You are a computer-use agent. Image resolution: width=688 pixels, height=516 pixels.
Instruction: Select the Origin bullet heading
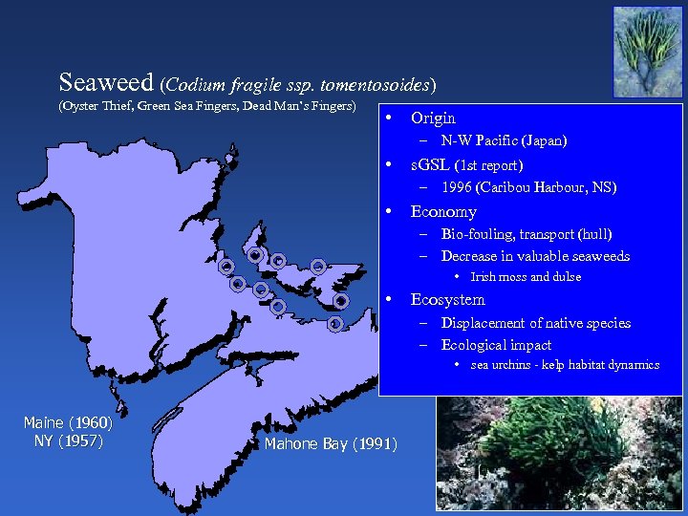[x=432, y=118]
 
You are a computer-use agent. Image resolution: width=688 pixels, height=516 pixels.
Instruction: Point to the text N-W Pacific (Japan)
[x=504, y=140]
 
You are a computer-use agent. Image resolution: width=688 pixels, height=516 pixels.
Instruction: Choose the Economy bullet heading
[x=442, y=211]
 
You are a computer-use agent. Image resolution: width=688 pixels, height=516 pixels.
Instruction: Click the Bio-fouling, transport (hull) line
[x=526, y=234]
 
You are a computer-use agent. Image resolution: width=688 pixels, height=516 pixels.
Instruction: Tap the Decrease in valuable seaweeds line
[x=535, y=256]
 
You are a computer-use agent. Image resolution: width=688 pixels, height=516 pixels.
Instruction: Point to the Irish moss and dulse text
[x=526, y=277]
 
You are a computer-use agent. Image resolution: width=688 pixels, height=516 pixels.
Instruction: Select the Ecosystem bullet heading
[x=447, y=300]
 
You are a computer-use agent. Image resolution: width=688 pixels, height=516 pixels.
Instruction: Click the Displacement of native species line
[x=535, y=323]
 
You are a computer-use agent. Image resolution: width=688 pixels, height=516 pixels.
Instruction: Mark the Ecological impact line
[x=496, y=345]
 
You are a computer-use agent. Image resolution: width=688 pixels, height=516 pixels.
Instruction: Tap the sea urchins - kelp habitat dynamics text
[x=565, y=365]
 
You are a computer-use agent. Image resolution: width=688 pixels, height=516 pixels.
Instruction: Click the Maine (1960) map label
[x=68, y=422]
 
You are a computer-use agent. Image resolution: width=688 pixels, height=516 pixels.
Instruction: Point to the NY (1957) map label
[x=68, y=441]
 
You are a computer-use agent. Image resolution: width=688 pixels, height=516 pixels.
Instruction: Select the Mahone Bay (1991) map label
[x=331, y=444]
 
